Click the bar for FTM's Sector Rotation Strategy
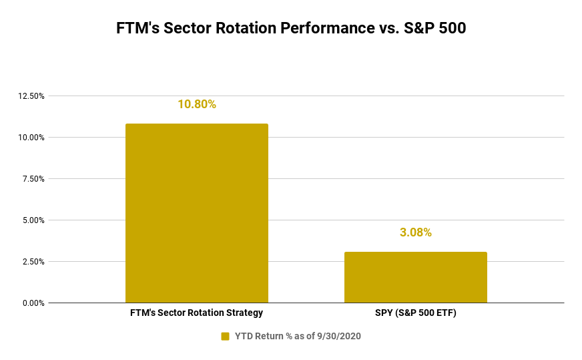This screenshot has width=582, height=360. (197, 213)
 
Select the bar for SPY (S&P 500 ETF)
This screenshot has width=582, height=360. (415, 277)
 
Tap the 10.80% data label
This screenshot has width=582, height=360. (197, 104)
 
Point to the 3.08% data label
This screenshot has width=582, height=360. (415, 232)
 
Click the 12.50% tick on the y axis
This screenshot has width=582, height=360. (31, 96)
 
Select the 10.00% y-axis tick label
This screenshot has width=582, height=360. (31, 138)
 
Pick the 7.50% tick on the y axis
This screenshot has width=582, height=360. (33, 179)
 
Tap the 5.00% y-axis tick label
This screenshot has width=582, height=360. (33, 220)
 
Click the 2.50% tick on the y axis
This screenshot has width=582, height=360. (33, 262)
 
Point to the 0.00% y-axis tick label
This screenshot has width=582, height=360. (33, 303)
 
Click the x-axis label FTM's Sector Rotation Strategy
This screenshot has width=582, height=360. (197, 313)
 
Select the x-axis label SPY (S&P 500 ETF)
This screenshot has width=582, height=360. (415, 313)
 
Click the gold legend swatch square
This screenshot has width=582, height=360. (225, 336)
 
